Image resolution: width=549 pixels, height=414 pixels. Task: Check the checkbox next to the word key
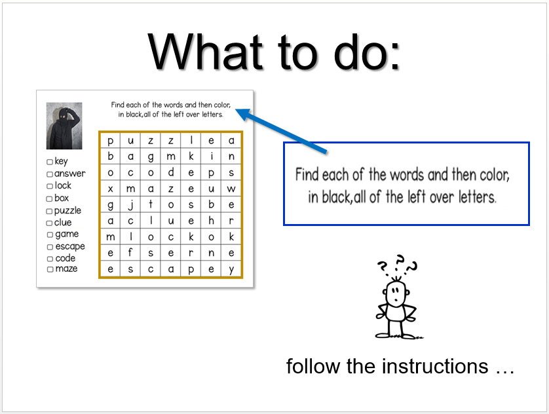tap(50, 162)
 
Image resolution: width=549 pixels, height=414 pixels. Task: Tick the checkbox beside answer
tap(50, 174)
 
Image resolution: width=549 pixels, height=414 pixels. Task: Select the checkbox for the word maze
tap(50, 269)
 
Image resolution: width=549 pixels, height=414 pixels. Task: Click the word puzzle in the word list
tap(67, 211)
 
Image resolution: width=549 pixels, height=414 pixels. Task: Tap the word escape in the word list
tap(70, 247)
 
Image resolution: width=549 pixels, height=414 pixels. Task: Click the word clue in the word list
tap(63, 222)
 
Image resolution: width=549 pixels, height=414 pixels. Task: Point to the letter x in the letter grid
tap(110, 189)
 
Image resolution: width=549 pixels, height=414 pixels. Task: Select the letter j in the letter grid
tap(130, 205)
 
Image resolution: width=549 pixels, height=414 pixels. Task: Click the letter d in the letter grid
tap(171, 172)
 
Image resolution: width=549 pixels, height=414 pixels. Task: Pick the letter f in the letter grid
tap(130, 252)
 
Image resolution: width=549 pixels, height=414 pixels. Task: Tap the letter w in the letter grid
tap(231, 189)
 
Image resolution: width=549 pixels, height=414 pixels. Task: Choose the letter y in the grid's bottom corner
tap(231, 270)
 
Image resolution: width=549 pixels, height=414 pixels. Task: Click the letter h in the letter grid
tap(211, 221)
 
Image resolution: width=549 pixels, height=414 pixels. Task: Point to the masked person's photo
tap(64, 126)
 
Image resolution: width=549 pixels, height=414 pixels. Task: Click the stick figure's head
tap(396, 293)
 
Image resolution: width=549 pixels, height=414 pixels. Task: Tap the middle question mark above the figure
tap(400, 263)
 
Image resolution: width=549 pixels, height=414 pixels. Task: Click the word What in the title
tap(205, 52)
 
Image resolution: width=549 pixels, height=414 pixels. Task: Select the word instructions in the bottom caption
tap(435, 366)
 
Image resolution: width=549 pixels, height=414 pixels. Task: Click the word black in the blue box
tap(336, 197)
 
